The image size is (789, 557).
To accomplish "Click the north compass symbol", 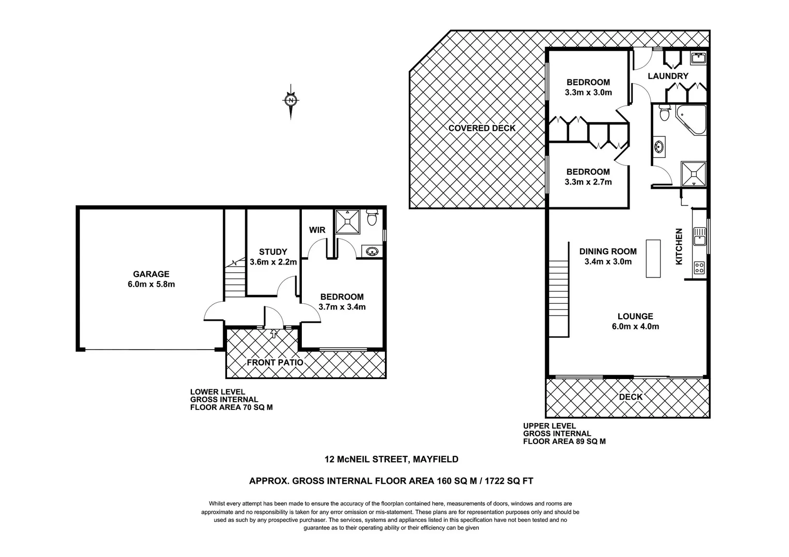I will [291, 100].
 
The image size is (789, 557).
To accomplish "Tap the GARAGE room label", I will [151, 274].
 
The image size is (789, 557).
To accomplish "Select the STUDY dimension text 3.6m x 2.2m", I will [273, 262].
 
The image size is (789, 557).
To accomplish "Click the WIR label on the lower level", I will [317, 230].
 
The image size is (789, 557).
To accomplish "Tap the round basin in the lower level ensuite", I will [371, 252].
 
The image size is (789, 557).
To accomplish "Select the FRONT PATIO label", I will [275, 363].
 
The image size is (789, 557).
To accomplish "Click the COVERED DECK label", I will [481, 128].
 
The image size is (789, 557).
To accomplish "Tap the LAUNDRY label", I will [668, 76].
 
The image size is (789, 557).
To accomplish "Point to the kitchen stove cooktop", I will [699, 268].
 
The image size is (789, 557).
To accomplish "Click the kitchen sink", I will [699, 238].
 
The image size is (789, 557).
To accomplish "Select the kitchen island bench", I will [653, 259].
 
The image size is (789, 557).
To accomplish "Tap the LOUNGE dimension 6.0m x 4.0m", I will [635, 326].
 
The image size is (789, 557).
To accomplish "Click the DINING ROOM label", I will [608, 252].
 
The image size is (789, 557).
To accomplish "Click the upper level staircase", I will [558, 298].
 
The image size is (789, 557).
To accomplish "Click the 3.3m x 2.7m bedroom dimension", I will [588, 182].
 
